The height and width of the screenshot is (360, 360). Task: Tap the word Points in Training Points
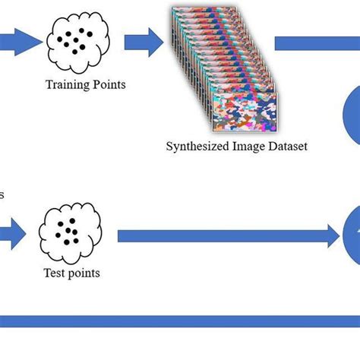pos(109,84)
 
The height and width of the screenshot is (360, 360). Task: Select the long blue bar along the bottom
pos(180,321)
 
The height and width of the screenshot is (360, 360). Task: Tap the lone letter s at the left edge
pos(2,195)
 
